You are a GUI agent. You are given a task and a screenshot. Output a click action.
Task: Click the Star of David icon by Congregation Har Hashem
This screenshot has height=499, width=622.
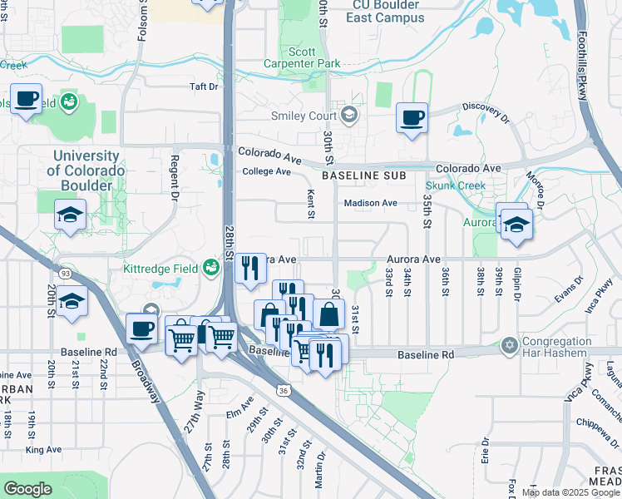coord(509,344)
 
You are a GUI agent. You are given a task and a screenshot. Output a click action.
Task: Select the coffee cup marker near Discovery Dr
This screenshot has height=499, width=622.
coord(412,117)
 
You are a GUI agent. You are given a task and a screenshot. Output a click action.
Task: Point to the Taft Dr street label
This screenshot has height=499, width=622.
coord(203,86)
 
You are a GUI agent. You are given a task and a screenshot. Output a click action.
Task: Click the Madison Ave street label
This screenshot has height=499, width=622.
coord(371,203)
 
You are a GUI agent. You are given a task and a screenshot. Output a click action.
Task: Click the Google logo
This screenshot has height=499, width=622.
coord(27,489)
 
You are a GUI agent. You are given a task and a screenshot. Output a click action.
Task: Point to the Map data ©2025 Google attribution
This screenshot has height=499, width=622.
coord(570,492)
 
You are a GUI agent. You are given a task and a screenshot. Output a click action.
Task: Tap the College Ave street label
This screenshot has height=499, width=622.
coord(266,172)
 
